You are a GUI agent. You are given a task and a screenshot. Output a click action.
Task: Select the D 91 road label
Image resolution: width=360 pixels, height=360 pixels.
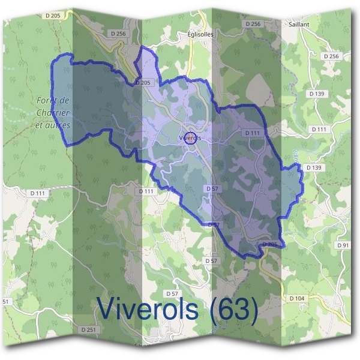[343, 245]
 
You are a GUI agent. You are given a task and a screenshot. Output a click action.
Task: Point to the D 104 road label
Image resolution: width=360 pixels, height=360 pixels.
[296, 298]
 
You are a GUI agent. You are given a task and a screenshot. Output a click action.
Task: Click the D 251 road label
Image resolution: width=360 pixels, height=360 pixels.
[88, 329]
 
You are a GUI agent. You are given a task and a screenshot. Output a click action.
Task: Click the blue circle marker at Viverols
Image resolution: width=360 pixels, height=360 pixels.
[191, 138]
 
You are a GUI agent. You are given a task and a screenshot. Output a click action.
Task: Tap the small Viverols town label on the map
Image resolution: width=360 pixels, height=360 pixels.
[190, 138]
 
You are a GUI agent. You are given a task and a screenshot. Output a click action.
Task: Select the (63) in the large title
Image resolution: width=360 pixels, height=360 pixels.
[235, 310]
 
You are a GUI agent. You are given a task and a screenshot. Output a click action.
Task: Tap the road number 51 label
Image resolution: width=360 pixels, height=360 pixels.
[5, 301]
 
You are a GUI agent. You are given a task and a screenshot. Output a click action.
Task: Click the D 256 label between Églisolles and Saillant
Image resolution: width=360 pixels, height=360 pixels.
[253, 23]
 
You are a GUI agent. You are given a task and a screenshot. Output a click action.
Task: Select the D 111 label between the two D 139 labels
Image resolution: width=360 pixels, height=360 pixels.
[320, 129]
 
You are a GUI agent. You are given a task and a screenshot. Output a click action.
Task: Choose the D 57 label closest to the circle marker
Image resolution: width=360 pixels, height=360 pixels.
[211, 188]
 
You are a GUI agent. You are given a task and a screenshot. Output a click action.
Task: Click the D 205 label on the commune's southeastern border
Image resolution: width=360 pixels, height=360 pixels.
[271, 244]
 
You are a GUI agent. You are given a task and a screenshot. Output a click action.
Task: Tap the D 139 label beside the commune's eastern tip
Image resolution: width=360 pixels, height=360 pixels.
[313, 167]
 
